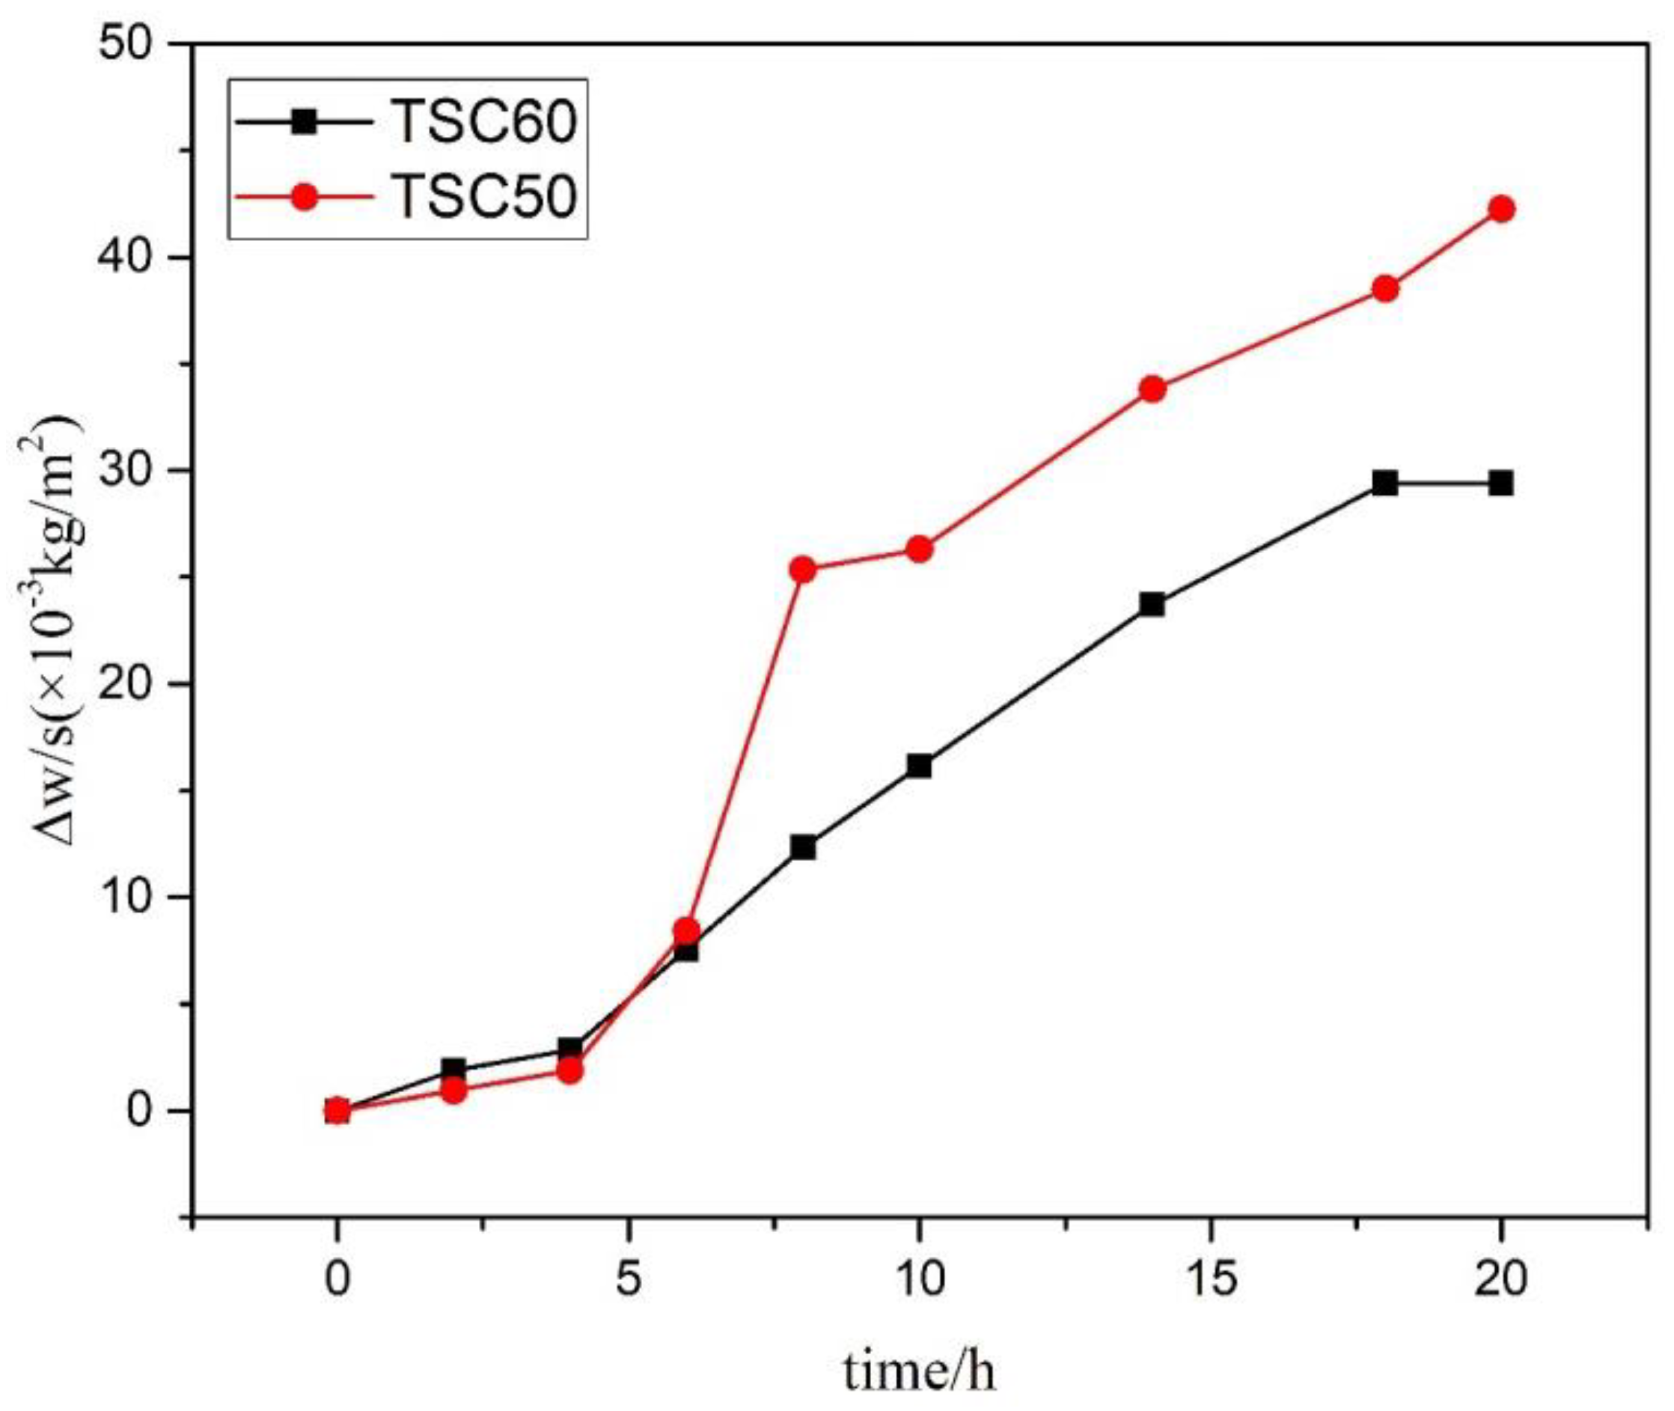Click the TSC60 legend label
click(486, 124)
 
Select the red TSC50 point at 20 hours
click(1502, 210)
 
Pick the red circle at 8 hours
click(803, 570)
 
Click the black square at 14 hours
click(1152, 604)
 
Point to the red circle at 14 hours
click(1152, 389)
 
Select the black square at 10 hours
click(919, 767)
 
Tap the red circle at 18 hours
click(1385, 289)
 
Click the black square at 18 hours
click(1385, 483)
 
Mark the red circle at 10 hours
click(919, 549)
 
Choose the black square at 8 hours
click(803, 847)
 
